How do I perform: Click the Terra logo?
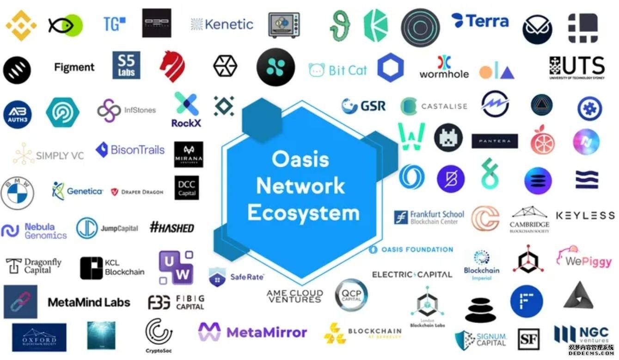coord(480,21)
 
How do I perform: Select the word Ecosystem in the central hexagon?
coord(303,213)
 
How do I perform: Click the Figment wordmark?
coord(74,67)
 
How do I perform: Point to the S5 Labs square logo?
coord(126,65)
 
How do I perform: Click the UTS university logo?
coord(576,67)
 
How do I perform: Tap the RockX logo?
coord(186,110)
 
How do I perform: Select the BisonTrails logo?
coord(130,150)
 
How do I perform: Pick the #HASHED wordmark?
coord(172,227)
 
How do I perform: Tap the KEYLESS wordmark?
coord(585,215)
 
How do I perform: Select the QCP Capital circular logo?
coord(351,294)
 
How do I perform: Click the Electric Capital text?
coord(412,275)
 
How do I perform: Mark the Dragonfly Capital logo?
coord(34,266)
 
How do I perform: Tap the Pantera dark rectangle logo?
coord(495,141)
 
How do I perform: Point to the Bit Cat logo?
coord(337,70)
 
